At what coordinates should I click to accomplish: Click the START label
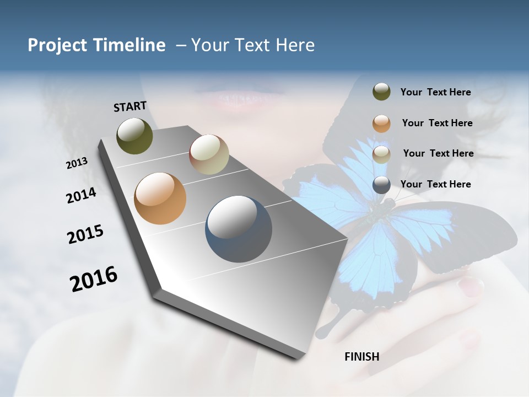(x=130, y=106)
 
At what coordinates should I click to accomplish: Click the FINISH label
(x=361, y=357)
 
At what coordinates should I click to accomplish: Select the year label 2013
(x=77, y=163)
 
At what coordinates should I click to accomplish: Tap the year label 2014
(x=82, y=195)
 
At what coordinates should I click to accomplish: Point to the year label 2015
(x=85, y=234)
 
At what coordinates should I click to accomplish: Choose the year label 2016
(x=94, y=279)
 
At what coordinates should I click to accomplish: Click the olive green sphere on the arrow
(x=134, y=136)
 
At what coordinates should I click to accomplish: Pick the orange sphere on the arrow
(x=160, y=198)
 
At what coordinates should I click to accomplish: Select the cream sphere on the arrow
(x=209, y=154)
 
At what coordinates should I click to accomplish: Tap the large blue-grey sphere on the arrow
(x=239, y=228)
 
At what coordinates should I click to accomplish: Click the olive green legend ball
(x=381, y=92)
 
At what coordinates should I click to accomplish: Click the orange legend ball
(x=381, y=124)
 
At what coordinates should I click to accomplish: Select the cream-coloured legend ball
(x=381, y=154)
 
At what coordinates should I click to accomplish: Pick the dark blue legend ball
(x=381, y=185)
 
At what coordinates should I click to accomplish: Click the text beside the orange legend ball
(x=437, y=123)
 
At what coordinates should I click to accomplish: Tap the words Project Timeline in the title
(x=96, y=45)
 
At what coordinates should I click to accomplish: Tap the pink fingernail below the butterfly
(x=471, y=285)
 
